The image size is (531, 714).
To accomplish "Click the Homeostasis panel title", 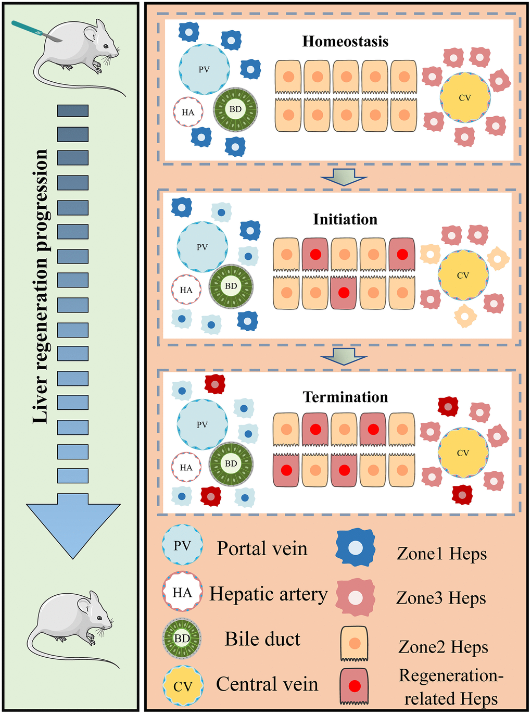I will click(x=345, y=42).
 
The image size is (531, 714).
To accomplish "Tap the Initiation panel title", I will click(x=345, y=219).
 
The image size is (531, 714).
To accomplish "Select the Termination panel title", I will click(x=345, y=397).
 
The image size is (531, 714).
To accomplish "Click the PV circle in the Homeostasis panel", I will click(x=204, y=69).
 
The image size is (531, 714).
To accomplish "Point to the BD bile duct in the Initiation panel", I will click(x=231, y=286).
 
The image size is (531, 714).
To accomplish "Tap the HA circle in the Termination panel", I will click(x=186, y=468).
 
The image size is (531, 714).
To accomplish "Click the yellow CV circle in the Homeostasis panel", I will click(x=465, y=97).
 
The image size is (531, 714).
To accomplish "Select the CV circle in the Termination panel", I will click(x=463, y=453).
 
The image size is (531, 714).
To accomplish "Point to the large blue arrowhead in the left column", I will click(x=73, y=526).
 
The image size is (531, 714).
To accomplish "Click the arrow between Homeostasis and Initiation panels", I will click(x=344, y=177).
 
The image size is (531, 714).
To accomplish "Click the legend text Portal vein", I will click(x=262, y=548).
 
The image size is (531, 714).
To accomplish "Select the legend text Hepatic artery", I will click(x=268, y=594).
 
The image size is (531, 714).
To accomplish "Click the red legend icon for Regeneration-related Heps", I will click(x=355, y=686).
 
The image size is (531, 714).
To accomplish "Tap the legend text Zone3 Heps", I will click(x=441, y=598).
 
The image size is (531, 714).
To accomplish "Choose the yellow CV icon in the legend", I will click(x=182, y=686).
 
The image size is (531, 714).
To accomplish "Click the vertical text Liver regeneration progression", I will click(x=41, y=286).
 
